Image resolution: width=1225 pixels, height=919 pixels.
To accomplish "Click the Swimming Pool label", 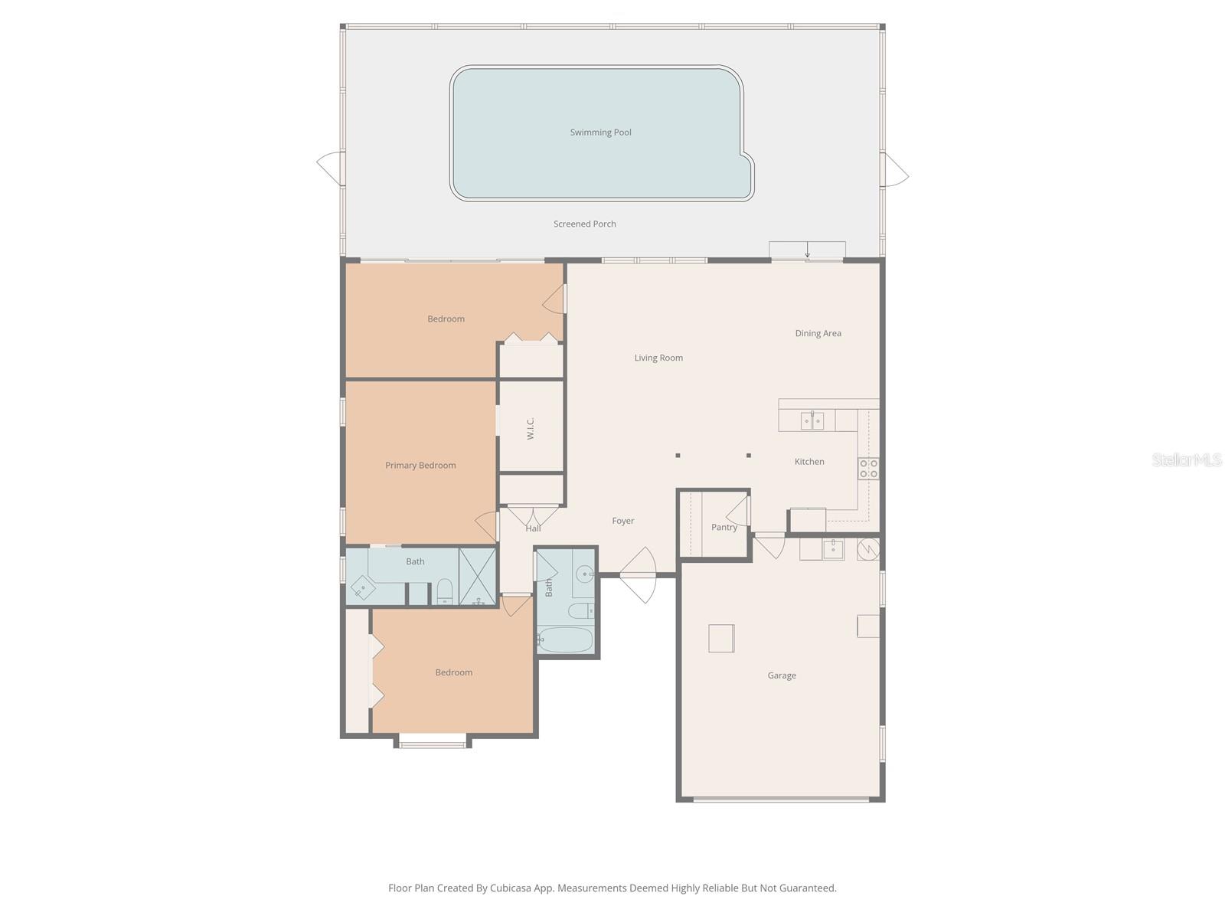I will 600,132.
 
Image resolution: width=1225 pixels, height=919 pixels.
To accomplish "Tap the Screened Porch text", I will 584,224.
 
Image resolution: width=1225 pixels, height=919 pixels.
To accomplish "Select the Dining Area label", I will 818,333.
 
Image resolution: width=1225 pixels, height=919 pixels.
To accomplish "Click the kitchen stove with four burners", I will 868,468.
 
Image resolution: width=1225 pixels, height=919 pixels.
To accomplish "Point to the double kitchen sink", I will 812,420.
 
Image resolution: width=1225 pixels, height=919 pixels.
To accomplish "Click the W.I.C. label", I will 531,428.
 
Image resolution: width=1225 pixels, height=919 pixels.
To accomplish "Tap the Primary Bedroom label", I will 420,465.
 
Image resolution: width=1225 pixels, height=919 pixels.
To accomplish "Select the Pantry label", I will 724,527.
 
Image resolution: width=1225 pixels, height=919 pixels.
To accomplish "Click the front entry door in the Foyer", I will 639,574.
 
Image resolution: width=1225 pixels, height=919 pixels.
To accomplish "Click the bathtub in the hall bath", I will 565,639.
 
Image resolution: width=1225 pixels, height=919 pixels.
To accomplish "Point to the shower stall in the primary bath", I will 477,577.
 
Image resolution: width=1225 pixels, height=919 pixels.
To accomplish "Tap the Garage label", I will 782,675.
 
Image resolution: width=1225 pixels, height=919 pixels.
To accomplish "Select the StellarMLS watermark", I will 1186,459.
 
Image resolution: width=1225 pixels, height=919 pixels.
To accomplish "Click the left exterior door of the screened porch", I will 331,167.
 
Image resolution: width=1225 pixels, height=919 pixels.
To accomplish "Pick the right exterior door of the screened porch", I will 894,169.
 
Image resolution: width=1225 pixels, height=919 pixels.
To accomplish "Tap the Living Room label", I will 658,358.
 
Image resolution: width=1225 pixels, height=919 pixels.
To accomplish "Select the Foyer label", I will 622,521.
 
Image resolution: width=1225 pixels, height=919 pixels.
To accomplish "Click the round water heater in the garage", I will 868,548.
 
